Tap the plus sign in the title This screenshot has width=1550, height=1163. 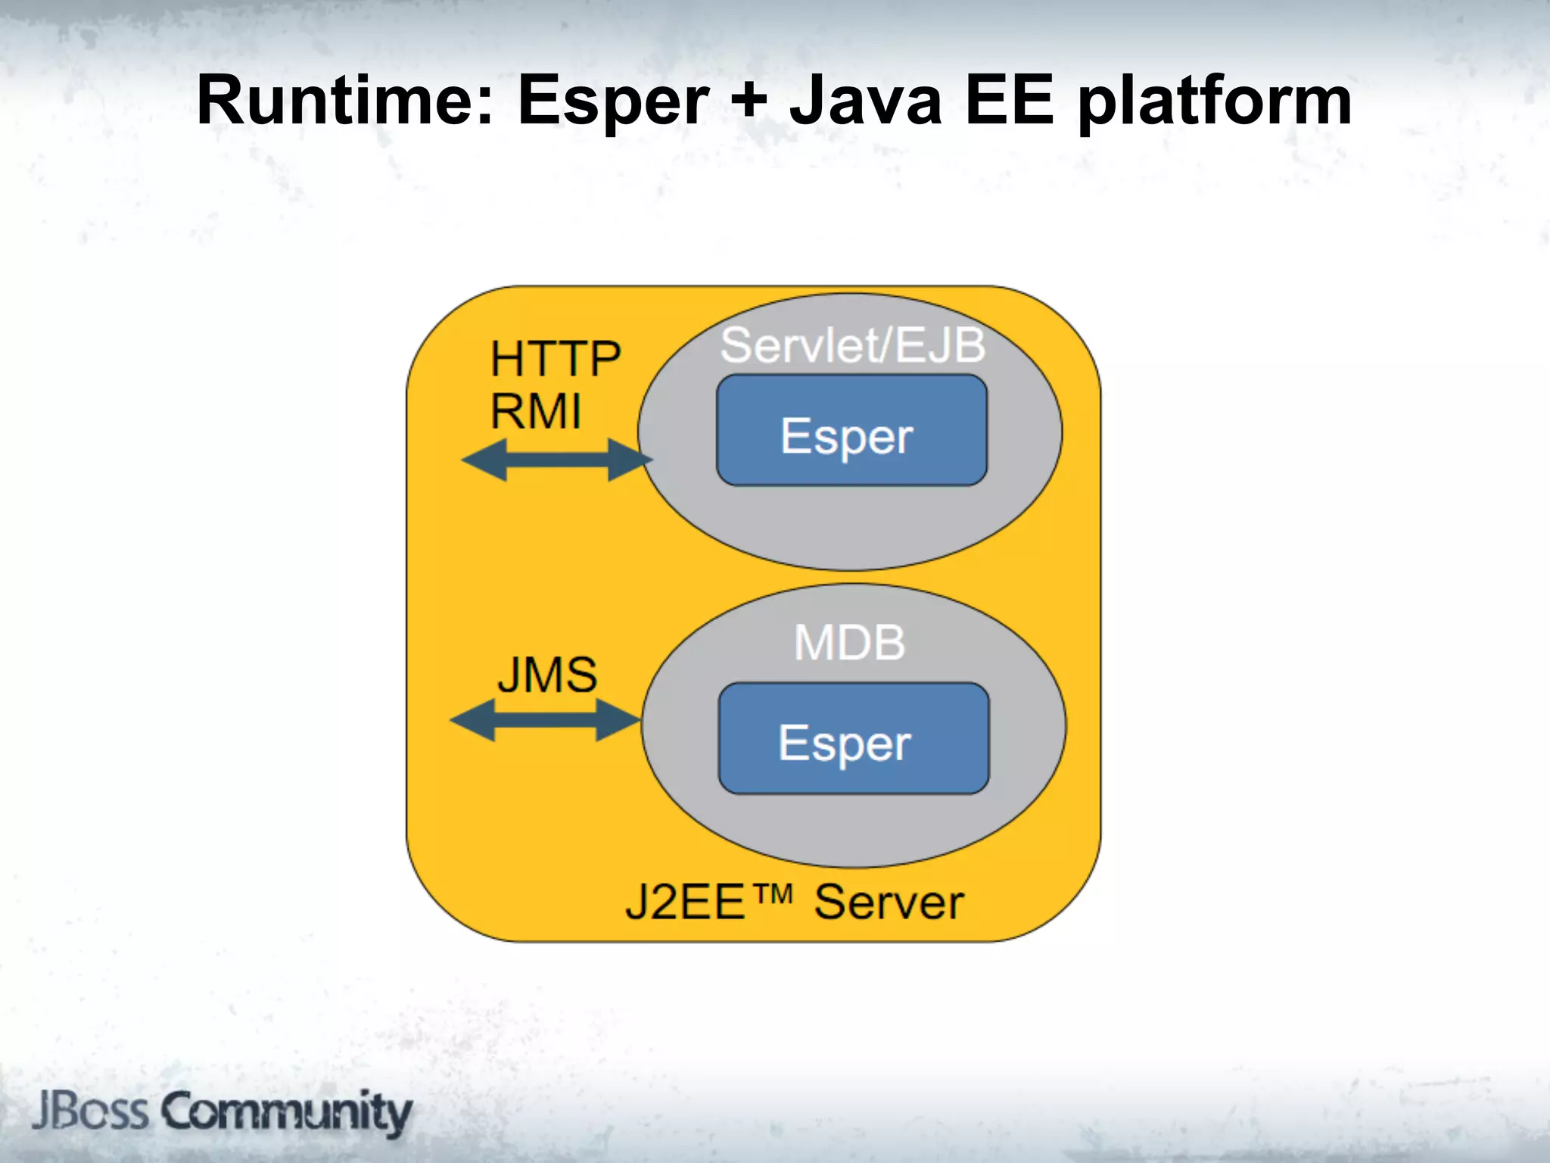749,101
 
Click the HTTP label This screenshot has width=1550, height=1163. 555,359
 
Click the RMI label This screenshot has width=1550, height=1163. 536,412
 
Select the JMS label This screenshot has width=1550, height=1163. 547,675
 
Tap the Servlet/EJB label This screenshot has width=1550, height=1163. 852,346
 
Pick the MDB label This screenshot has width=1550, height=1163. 849,644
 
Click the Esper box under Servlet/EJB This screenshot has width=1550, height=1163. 851,430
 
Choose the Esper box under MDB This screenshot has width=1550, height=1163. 853,739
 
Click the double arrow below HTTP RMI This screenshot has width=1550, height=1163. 556,460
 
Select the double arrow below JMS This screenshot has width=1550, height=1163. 545,720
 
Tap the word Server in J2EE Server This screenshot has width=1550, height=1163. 889,903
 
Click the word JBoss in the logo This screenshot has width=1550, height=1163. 91,1112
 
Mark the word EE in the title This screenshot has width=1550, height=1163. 1009,101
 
